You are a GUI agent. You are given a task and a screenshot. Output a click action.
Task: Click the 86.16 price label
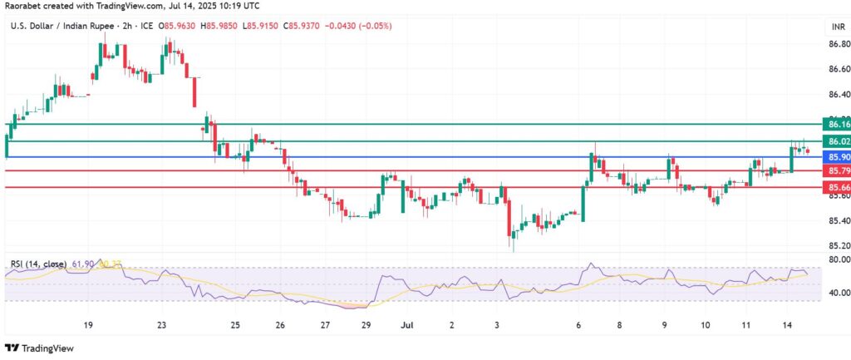pos(834,124)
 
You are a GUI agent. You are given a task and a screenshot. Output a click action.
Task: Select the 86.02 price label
pos(834,141)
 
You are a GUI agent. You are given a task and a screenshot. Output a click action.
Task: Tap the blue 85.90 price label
pos(834,156)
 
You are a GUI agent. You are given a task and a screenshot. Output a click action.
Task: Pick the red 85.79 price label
pos(834,171)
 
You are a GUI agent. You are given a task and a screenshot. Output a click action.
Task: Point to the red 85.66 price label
pos(834,188)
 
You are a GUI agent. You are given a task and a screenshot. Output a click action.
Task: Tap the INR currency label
pos(838,27)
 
